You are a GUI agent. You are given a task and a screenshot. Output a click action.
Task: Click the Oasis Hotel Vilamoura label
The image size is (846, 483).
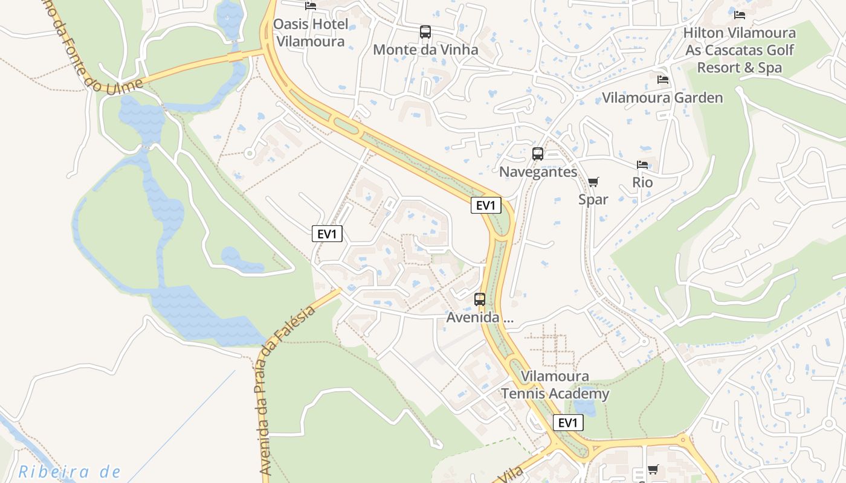[311, 33]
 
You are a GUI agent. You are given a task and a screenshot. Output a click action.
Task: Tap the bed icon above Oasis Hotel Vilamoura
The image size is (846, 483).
[311, 6]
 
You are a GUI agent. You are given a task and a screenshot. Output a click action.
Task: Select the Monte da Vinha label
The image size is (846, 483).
[425, 50]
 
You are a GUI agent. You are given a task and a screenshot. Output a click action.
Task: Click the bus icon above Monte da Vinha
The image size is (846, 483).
[425, 32]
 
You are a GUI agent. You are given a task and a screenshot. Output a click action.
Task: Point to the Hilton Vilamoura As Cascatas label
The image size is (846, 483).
[740, 50]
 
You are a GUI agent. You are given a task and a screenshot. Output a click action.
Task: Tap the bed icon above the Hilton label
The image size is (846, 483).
[740, 15]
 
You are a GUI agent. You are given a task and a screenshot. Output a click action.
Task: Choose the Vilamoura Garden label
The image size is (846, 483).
[662, 98]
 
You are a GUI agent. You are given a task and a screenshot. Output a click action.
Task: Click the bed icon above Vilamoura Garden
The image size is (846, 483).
[663, 80]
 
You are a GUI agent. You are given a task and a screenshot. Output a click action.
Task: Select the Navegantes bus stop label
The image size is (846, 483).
[538, 172]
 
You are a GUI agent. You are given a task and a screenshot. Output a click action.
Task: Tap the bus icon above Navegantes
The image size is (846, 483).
[538, 154]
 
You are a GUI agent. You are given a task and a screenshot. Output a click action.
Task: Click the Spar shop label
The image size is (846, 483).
[593, 199]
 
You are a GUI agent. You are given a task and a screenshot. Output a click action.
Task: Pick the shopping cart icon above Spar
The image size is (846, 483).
[593, 182]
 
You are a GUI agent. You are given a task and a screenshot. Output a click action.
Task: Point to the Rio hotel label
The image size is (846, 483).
[642, 182]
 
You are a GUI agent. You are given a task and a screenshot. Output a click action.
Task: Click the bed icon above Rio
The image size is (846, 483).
[642, 165]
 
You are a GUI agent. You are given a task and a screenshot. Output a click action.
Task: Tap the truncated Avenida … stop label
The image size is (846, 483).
[480, 318]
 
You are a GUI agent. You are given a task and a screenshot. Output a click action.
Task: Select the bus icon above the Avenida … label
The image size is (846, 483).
[480, 299]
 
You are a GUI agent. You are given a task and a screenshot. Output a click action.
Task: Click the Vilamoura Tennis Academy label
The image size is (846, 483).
[555, 385]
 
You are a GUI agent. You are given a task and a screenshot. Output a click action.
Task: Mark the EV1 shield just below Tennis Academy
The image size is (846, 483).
[568, 423]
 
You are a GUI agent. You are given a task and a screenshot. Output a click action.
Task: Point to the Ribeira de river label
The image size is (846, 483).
[69, 472]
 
